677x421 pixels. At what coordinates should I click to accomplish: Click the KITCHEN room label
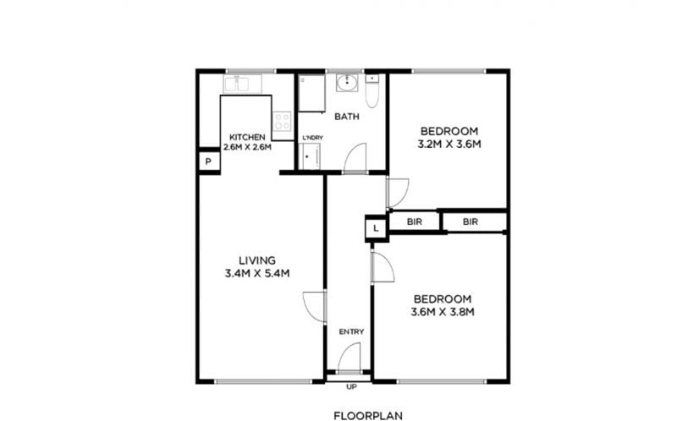(x=247, y=137)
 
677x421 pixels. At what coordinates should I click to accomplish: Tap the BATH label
(x=347, y=117)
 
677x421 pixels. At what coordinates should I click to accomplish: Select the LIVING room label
(x=257, y=260)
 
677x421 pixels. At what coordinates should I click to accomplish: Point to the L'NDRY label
(x=312, y=138)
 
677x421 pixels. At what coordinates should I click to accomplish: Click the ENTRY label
(x=351, y=331)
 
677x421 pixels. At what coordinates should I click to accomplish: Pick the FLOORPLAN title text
(x=368, y=416)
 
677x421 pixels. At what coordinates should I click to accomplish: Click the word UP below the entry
(x=351, y=387)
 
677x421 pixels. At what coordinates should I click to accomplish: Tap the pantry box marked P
(x=208, y=161)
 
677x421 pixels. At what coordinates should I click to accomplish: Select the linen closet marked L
(x=376, y=228)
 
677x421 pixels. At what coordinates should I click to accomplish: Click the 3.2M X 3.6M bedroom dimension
(x=449, y=144)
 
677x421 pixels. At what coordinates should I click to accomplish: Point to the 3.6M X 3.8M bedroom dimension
(x=443, y=312)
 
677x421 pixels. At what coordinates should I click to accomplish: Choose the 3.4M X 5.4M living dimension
(x=257, y=273)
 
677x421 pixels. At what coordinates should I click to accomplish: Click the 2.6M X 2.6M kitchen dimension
(x=247, y=146)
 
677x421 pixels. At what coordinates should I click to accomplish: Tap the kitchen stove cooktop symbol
(x=283, y=121)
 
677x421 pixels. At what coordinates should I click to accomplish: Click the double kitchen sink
(x=242, y=84)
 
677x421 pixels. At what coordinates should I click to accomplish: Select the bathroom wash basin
(x=347, y=83)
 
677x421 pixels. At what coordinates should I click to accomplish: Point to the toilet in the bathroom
(x=372, y=91)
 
